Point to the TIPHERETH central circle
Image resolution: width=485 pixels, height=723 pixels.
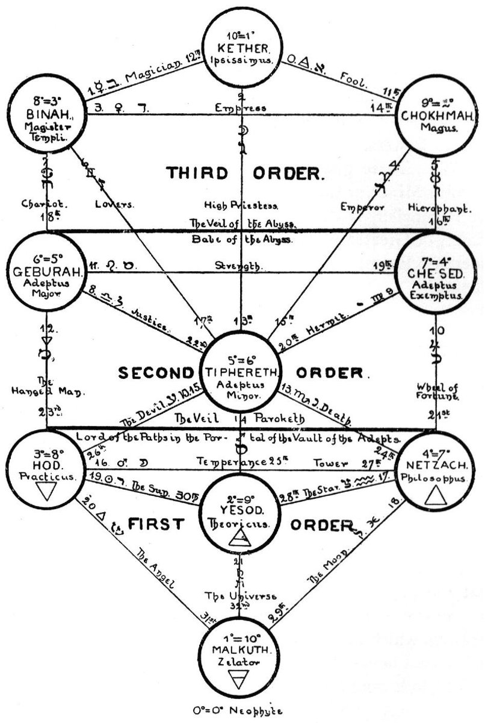coord(242,368)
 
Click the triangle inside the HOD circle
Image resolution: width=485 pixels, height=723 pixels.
coord(43,494)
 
